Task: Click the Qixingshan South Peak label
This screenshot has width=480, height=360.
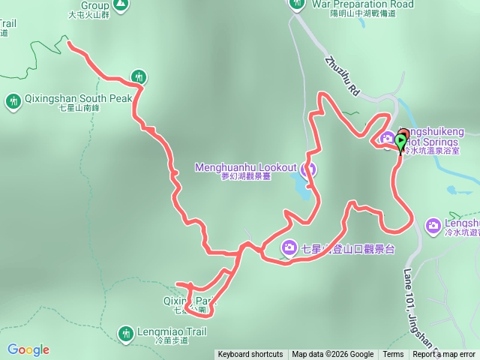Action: click(73, 98)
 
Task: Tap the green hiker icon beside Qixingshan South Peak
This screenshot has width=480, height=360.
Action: click(13, 100)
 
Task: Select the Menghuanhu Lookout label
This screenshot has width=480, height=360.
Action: click(246, 167)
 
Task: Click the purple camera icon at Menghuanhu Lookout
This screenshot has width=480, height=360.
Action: click(310, 169)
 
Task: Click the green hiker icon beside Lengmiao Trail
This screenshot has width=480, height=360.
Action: click(125, 331)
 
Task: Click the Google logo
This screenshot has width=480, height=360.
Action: click(28, 349)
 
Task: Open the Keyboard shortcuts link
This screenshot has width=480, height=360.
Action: click(250, 355)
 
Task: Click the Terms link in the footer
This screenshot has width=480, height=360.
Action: click(393, 355)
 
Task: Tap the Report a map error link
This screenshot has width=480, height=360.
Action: click(445, 355)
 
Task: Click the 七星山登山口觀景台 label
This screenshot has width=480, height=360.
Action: click(347, 248)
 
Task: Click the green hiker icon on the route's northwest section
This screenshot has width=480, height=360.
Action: click(138, 76)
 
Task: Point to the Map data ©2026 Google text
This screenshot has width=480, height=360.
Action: click(332, 355)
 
